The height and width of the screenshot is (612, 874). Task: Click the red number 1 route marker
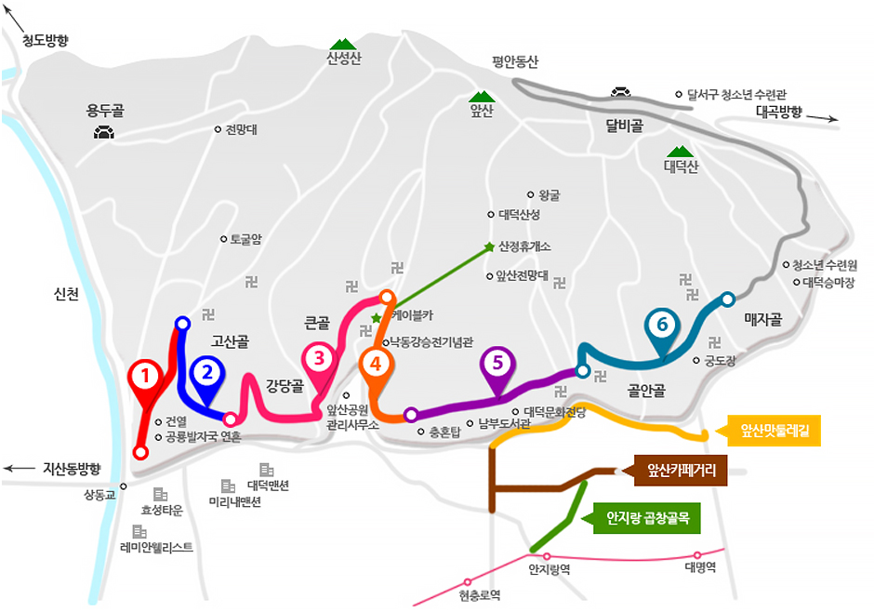(144, 376)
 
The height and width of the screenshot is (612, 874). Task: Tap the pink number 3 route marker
(318, 357)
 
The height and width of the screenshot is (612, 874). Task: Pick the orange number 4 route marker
(376, 363)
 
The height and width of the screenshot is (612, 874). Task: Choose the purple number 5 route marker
(497, 363)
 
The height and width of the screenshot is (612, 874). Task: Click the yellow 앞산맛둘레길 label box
(775, 431)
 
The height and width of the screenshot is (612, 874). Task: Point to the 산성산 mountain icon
(343, 44)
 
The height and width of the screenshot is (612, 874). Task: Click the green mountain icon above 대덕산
(678, 152)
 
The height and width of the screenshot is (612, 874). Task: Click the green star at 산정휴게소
(489, 246)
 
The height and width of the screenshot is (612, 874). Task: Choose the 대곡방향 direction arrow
(823, 118)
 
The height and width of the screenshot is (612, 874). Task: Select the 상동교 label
(99, 495)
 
